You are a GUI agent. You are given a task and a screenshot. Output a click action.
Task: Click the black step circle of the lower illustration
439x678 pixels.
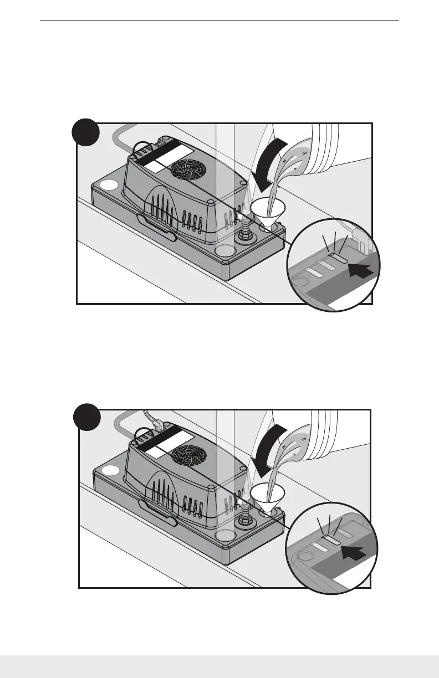[88, 420]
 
